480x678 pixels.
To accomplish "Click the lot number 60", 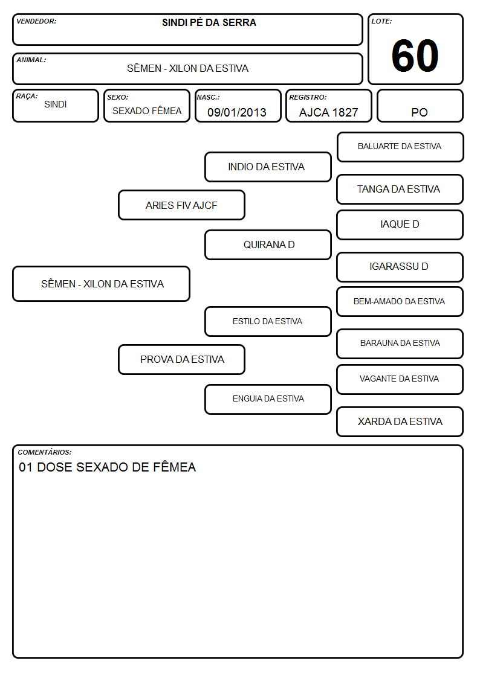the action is coord(415,56).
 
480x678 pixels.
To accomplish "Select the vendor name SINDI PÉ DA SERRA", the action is coord(209,22).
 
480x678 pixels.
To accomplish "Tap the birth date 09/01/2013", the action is coord(237,112).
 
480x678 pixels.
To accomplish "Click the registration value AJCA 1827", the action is coord(328,112).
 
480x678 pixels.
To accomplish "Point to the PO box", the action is coord(420,106).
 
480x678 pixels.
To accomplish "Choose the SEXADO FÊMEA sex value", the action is coord(147,111).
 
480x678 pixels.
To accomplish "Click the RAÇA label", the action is coord(27,97).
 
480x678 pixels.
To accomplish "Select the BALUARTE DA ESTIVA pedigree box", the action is coord(400,147).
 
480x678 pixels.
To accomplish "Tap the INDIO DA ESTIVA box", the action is coord(268,167).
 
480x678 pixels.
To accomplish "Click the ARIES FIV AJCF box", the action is coord(181,205).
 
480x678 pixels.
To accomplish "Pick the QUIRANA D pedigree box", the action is coord(268,245).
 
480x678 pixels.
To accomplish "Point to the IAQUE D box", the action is coord(400,225).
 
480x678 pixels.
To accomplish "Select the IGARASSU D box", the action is coord(400,267).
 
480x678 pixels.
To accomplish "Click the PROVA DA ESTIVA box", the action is coord(181,360).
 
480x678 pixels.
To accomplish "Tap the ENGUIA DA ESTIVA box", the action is coord(268,399).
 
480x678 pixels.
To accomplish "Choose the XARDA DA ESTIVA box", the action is coord(400,421).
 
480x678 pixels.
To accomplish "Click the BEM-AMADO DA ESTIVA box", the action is coord(400,302).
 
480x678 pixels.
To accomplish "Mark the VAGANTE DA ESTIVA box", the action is coord(400,379).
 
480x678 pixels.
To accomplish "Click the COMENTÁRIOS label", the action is coord(45,452).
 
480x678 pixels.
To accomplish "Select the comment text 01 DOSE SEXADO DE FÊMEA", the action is coord(108,467).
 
